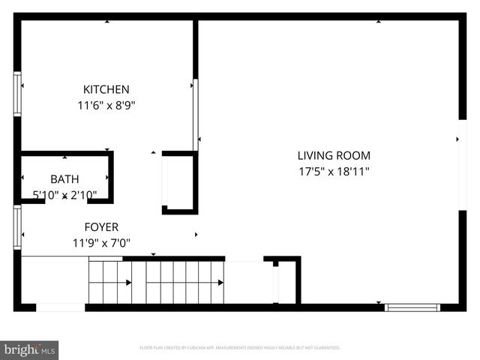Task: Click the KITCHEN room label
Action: pos(106,89)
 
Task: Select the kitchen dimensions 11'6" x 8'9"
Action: pos(106,106)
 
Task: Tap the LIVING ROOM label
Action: pos(334,156)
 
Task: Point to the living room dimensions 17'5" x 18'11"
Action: pos(334,171)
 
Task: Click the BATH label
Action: pos(64,179)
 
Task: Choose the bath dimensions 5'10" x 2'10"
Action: pos(64,195)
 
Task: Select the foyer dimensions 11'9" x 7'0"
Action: pos(101,242)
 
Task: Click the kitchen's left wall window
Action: pos(17,94)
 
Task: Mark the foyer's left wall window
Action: pos(17,227)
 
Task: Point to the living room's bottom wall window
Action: pos(412,307)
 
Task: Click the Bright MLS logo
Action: pos(29,349)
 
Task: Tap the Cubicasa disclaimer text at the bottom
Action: pos(240,348)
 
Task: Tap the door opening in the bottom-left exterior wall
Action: pos(61,307)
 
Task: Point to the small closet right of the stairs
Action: pos(285,283)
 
